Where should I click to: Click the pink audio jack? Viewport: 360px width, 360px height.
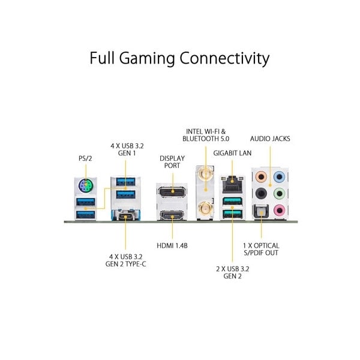tap(278, 211)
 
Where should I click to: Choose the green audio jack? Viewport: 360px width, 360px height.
tap(278, 194)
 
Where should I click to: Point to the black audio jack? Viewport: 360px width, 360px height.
tap(260, 194)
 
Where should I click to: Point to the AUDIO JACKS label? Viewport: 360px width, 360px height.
tap(270, 139)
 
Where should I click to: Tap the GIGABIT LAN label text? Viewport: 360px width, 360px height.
tap(233, 153)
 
